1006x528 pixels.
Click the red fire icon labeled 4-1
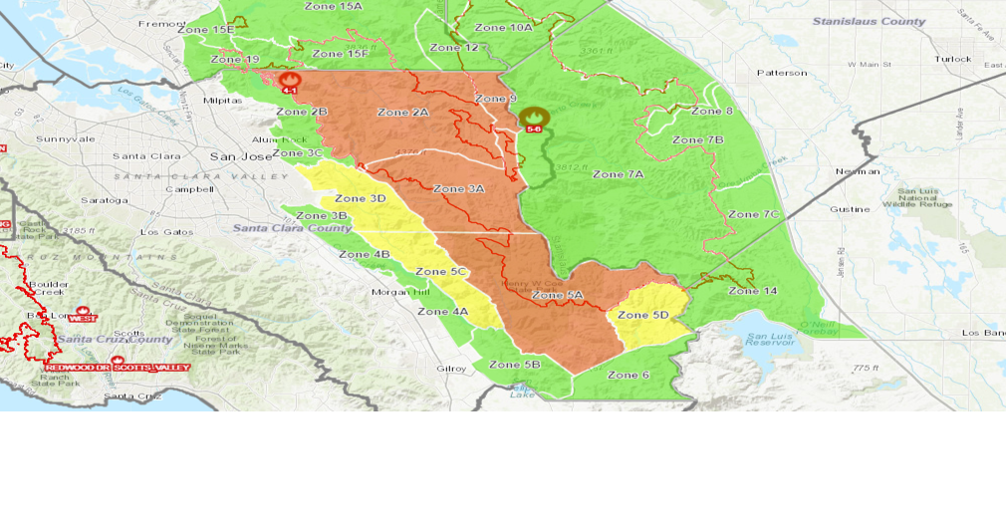[x=291, y=82]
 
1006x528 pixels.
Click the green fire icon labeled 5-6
[x=533, y=119]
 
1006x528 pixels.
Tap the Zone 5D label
[x=642, y=316]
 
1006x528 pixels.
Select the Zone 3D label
[x=361, y=198]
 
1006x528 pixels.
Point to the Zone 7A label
[x=619, y=174]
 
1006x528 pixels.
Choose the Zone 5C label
[x=441, y=272]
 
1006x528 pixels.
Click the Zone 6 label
[x=629, y=375]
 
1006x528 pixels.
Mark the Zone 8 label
[x=712, y=112]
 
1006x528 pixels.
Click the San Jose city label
[x=240, y=156]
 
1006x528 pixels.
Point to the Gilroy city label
[x=451, y=369]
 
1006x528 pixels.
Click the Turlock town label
[x=952, y=59]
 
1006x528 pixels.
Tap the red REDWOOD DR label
[x=76, y=368]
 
